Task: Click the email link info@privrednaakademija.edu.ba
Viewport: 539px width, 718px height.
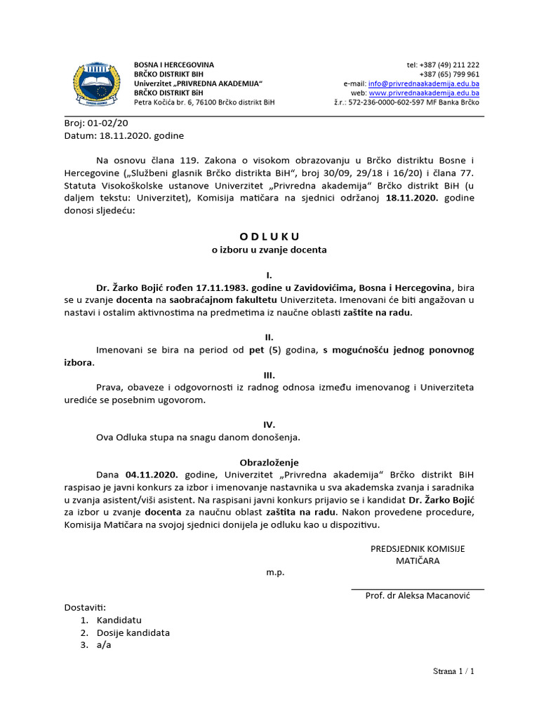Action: (424, 83)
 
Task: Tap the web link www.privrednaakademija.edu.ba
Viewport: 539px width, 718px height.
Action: (424, 93)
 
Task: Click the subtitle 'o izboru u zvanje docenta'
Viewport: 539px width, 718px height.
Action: (269, 249)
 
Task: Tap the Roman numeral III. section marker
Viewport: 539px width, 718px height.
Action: (269, 374)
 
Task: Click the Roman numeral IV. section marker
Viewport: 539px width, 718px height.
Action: (269, 424)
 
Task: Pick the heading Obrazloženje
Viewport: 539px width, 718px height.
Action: (269, 462)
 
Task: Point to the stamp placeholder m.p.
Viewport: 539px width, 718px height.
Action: (275, 572)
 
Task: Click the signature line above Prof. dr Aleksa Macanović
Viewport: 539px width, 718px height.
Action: (417, 589)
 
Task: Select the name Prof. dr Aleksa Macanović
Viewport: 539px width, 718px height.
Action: (417, 595)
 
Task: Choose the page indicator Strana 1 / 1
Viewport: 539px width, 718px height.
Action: (453, 672)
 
